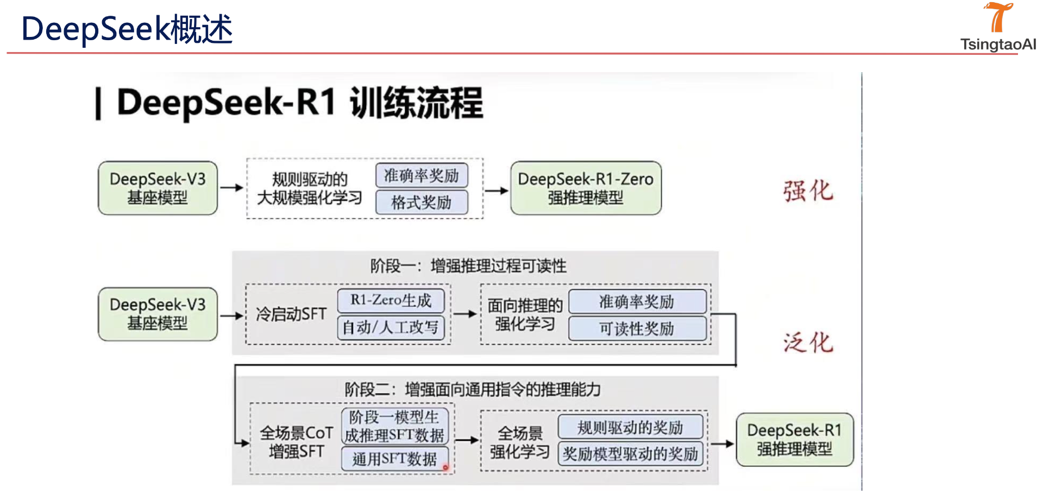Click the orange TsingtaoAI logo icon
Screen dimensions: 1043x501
click(998, 17)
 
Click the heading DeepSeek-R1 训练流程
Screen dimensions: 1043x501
click(299, 103)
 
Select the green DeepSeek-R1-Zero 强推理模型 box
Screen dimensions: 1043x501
click(586, 188)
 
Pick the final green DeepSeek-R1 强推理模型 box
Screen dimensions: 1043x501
click(794, 440)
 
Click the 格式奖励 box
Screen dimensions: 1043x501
click(421, 202)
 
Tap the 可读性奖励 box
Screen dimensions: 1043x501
click(637, 328)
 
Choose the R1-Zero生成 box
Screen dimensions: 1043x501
click(391, 300)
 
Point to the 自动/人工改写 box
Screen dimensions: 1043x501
click(391, 327)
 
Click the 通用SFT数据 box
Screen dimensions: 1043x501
click(394, 459)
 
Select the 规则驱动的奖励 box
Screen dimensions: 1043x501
click(630, 427)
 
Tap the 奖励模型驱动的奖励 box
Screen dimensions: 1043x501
click(630, 454)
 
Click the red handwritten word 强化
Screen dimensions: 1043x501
click(808, 191)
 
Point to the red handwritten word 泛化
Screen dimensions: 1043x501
click(808, 343)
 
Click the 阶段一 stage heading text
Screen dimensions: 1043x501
click(468, 266)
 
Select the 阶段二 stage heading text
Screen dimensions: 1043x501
click(473, 389)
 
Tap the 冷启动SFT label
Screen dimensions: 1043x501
click(291, 314)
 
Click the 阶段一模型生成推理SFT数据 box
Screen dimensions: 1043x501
click(395, 426)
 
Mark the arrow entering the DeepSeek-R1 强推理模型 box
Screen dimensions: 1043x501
click(722, 443)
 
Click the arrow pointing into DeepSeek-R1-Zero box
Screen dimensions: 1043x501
click(496, 191)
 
